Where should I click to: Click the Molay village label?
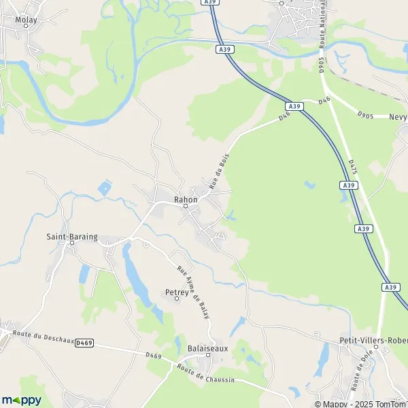(27, 20)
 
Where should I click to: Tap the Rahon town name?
(186, 199)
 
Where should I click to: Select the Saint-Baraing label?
(71, 237)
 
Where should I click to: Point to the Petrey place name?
(175, 292)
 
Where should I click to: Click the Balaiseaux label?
(207, 348)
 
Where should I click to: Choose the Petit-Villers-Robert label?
(373, 339)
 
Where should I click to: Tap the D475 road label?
(352, 168)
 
